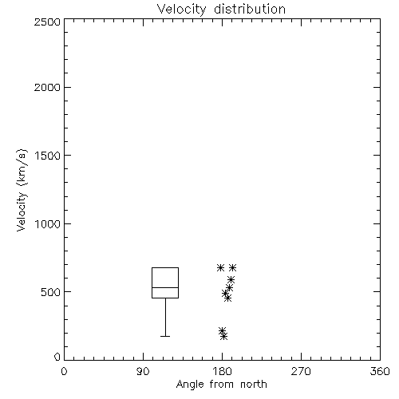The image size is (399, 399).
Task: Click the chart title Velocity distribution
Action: (221, 9)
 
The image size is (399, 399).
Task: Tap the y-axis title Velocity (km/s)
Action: (22, 190)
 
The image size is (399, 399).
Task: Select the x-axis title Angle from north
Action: (221, 385)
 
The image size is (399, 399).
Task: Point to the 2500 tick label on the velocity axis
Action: (47, 22)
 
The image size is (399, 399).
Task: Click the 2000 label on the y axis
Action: (47, 87)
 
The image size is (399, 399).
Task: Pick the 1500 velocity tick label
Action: (48, 156)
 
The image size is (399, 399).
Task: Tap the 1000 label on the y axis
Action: (48, 223)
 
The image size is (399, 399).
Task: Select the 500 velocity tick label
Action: (51, 292)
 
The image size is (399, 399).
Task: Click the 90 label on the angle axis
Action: (143, 371)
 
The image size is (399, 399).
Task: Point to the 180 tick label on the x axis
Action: (223, 371)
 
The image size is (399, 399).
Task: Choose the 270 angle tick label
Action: (301, 371)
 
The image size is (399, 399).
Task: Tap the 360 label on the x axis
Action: (380, 371)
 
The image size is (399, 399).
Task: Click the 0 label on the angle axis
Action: (64, 371)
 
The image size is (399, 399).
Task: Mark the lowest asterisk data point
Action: (224, 337)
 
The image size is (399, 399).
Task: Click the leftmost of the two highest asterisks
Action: (220, 267)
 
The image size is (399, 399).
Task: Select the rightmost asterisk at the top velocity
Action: (232, 267)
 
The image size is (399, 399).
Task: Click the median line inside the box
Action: (165, 287)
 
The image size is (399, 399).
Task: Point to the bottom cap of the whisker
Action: (165, 337)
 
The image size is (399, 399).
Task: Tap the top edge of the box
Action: (165, 267)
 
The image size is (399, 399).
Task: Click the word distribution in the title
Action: (250, 9)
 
